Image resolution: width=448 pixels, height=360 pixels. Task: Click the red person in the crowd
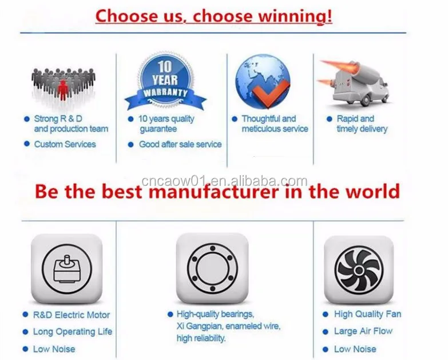click(62, 90)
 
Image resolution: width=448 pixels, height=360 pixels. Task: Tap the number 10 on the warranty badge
click(165, 66)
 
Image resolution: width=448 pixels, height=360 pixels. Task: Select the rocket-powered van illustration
click(354, 84)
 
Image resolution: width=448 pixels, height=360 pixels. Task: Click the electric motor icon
click(67, 269)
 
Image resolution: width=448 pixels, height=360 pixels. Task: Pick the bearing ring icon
click(212, 268)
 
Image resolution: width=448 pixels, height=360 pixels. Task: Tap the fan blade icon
click(359, 270)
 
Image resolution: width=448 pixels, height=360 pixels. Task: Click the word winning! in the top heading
click(295, 16)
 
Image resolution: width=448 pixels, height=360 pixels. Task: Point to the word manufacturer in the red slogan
click(213, 191)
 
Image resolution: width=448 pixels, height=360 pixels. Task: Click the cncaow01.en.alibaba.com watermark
click(224, 181)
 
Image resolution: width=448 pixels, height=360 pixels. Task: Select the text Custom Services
click(65, 144)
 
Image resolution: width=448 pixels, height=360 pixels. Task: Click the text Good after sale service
click(180, 144)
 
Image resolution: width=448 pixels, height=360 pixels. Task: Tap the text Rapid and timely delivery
click(362, 124)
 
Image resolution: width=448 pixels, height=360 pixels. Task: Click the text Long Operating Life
click(73, 332)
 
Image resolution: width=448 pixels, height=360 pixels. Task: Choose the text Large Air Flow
click(363, 331)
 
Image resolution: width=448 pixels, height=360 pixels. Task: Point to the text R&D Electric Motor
click(72, 315)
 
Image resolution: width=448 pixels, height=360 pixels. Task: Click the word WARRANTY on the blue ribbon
click(165, 93)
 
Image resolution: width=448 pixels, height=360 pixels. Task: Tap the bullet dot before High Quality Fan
click(325, 315)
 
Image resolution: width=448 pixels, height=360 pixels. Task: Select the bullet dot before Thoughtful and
click(235, 119)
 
